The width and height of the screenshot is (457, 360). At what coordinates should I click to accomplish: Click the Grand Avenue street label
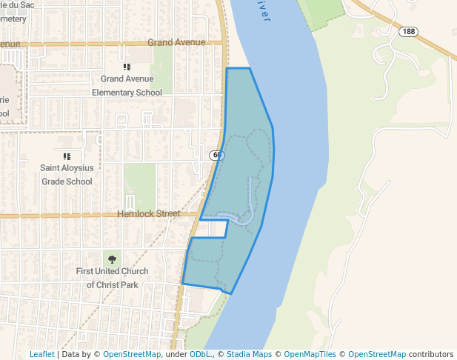(176, 42)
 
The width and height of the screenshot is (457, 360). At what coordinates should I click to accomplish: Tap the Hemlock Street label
(148, 214)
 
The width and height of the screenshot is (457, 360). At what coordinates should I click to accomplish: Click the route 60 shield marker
(216, 156)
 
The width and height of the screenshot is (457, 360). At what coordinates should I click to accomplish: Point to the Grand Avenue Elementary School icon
(127, 67)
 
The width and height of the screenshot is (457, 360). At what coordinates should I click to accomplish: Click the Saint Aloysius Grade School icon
(67, 156)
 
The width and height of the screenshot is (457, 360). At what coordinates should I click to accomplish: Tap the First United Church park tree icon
(113, 259)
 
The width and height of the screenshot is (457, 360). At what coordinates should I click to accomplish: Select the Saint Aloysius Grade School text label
(67, 175)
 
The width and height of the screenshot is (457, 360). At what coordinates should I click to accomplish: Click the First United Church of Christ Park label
(113, 278)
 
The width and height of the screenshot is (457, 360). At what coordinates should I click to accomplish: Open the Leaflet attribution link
(42, 354)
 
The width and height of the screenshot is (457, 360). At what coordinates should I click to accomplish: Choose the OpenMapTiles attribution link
(310, 354)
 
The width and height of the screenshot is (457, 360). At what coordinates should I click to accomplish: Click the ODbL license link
(200, 354)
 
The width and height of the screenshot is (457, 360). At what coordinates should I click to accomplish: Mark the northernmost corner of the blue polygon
(227, 69)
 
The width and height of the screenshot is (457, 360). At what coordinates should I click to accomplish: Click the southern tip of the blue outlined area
(231, 293)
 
